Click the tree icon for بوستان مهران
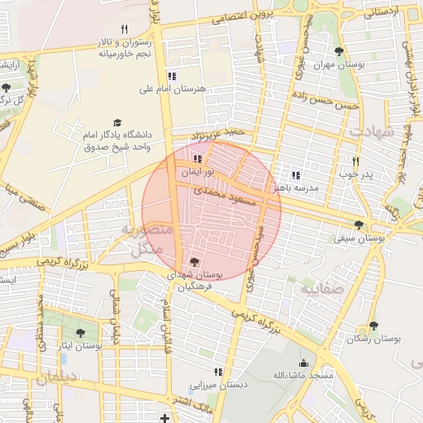click(x=339, y=52)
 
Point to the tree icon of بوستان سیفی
click(x=358, y=225)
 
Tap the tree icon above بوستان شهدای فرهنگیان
click(x=193, y=261)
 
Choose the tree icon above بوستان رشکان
click(x=373, y=326)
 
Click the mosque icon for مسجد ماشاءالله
click(x=303, y=362)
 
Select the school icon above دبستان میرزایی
click(x=218, y=372)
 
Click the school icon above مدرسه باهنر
click(x=296, y=175)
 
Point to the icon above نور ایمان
click(x=197, y=159)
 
